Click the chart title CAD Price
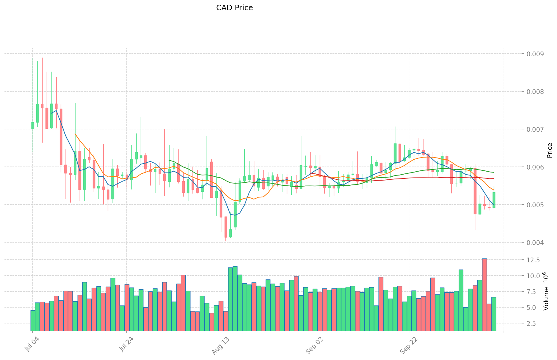click(234, 8)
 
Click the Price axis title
click(550, 150)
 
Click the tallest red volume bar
click(484, 295)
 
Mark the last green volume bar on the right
click(494, 314)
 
